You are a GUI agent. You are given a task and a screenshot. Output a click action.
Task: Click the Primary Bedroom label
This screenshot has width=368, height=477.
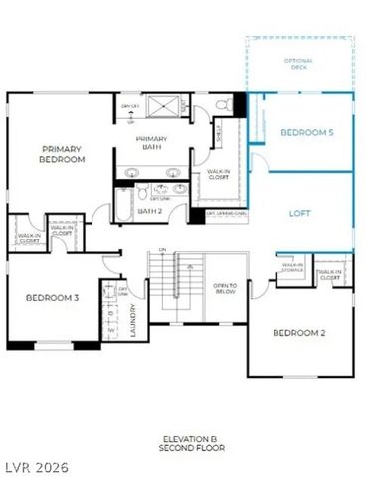(x=61, y=154)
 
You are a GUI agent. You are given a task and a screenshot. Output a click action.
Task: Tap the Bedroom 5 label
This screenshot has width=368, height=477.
(x=306, y=132)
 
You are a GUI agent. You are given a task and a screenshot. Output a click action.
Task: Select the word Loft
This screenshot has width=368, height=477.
(x=300, y=213)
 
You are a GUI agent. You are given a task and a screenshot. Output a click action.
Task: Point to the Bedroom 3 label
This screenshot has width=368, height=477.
(x=52, y=297)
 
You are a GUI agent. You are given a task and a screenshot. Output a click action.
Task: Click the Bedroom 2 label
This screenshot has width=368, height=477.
(x=298, y=332)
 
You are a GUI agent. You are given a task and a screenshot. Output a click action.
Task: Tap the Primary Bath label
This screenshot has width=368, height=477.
(x=152, y=143)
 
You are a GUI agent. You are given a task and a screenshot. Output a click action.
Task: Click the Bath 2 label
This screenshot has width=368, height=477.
(x=149, y=211)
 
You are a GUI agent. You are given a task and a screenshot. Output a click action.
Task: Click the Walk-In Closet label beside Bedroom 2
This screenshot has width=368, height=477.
(x=329, y=275)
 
